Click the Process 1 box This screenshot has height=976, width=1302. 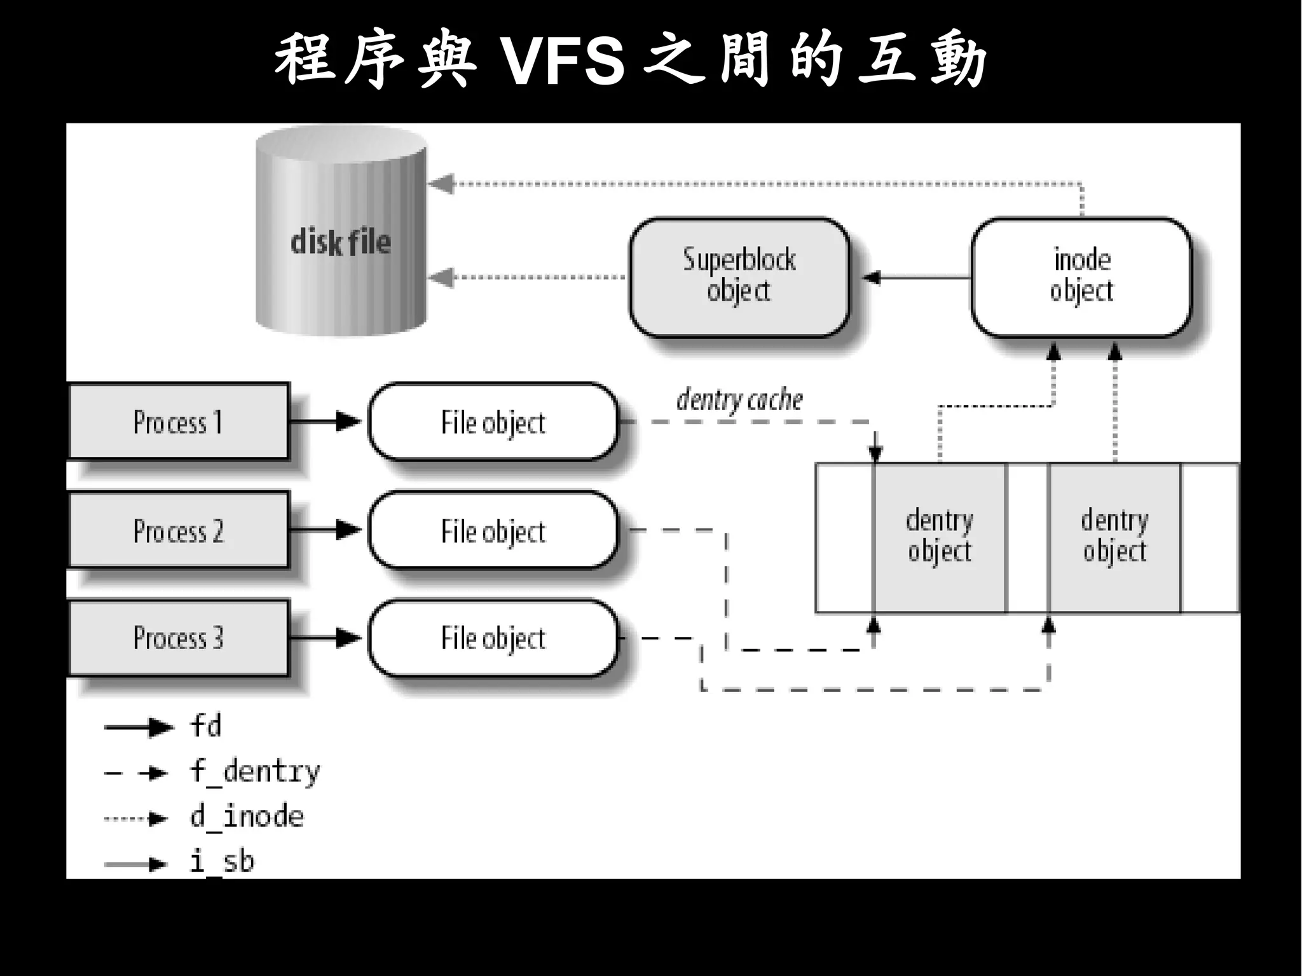tap(177, 422)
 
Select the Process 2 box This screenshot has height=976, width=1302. tap(177, 530)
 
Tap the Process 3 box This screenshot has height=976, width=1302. tap(177, 638)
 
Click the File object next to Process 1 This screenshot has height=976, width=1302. tap(493, 422)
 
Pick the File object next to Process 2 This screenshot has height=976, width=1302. tap(493, 531)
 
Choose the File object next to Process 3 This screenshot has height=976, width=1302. tap(493, 638)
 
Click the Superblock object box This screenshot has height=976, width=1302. tap(739, 277)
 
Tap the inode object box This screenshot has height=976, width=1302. tap(1081, 277)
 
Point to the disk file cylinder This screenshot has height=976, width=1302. tap(341, 242)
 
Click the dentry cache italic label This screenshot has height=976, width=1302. tap(739, 400)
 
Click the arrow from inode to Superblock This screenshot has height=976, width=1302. tap(915, 278)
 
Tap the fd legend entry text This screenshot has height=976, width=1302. tap(205, 726)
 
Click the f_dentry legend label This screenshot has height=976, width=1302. tap(254, 772)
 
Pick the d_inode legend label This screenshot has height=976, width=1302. tap(247, 817)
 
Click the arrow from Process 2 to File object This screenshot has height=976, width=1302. tap(324, 529)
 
